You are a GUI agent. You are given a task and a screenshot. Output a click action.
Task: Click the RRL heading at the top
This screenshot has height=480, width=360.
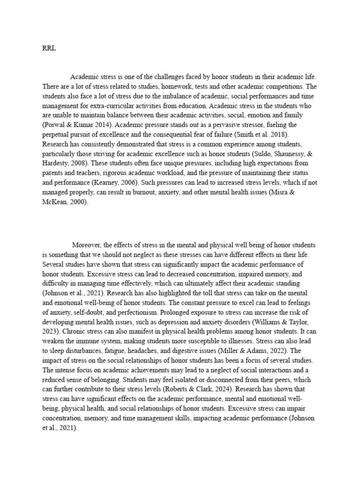pyautogui.click(x=49, y=47)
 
